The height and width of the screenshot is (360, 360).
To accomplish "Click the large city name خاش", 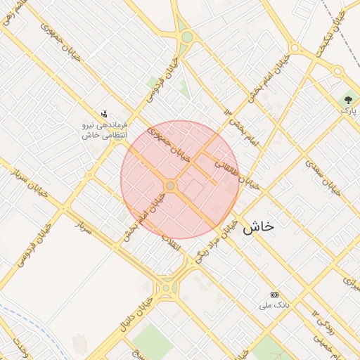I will (257, 227).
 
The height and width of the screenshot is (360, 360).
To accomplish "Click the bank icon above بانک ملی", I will (275, 295).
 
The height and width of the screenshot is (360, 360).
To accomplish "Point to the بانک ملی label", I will (275, 305).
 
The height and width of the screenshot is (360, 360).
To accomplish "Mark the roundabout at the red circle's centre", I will (170, 185).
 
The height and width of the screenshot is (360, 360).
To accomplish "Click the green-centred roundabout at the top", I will (186, 37).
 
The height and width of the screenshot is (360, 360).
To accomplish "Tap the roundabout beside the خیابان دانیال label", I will (166, 287).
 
